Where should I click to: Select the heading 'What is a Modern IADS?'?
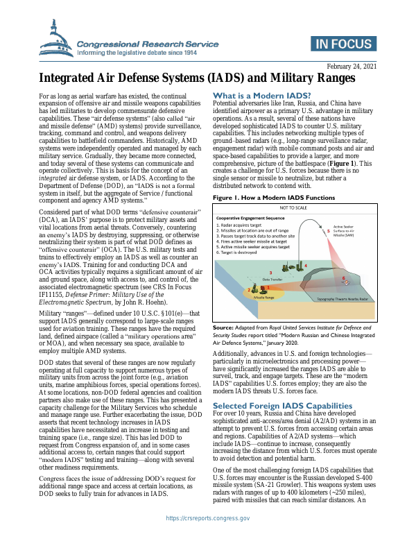click(261, 95)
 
